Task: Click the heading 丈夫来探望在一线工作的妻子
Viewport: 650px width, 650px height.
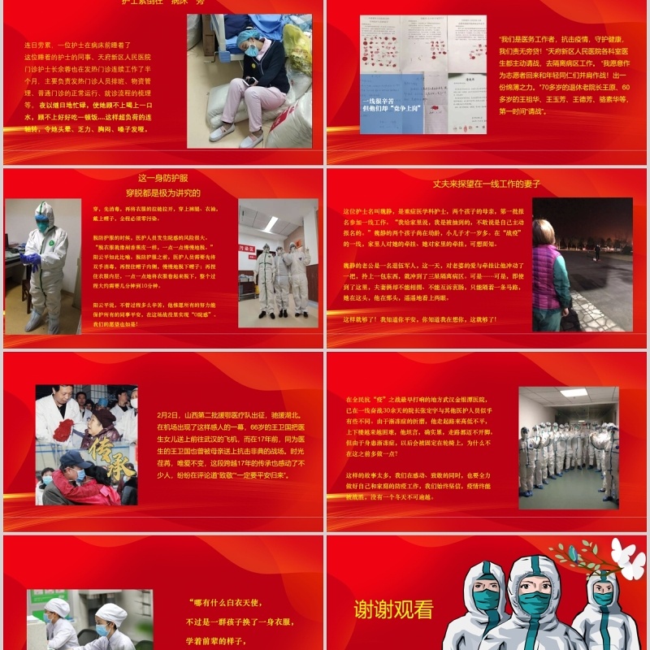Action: click(486, 184)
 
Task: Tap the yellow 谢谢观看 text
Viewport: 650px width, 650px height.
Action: click(393, 609)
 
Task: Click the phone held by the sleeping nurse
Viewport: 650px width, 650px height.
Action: click(253, 80)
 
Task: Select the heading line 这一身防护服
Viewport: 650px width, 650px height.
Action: click(162, 178)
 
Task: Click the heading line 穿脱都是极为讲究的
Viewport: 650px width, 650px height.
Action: click(162, 193)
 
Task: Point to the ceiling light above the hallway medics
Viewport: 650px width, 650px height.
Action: click(574, 392)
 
